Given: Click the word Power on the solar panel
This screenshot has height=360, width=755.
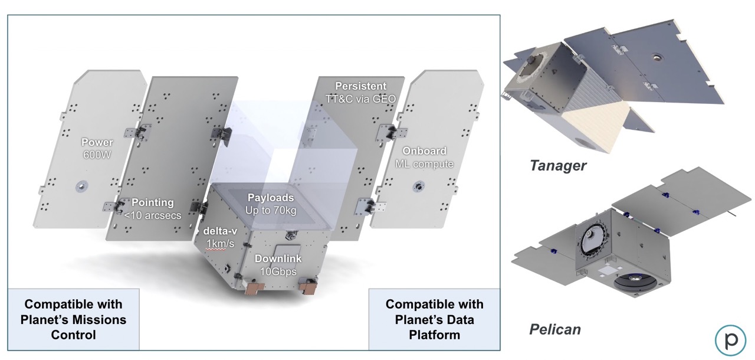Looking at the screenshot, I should click(x=97, y=142).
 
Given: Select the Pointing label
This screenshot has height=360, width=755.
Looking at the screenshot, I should click(x=151, y=203).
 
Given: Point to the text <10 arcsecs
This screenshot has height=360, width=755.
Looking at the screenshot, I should click(x=151, y=215).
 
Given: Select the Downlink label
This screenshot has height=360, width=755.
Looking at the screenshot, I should click(x=278, y=258).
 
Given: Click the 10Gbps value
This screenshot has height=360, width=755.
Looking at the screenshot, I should click(x=278, y=271).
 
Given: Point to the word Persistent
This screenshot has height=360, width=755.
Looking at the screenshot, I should click(x=360, y=86).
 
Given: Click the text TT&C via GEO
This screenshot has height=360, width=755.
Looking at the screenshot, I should click(x=360, y=98).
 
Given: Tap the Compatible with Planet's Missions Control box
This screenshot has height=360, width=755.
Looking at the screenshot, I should click(x=74, y=319).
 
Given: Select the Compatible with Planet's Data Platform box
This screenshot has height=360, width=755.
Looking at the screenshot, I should click(x=434, y=319).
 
